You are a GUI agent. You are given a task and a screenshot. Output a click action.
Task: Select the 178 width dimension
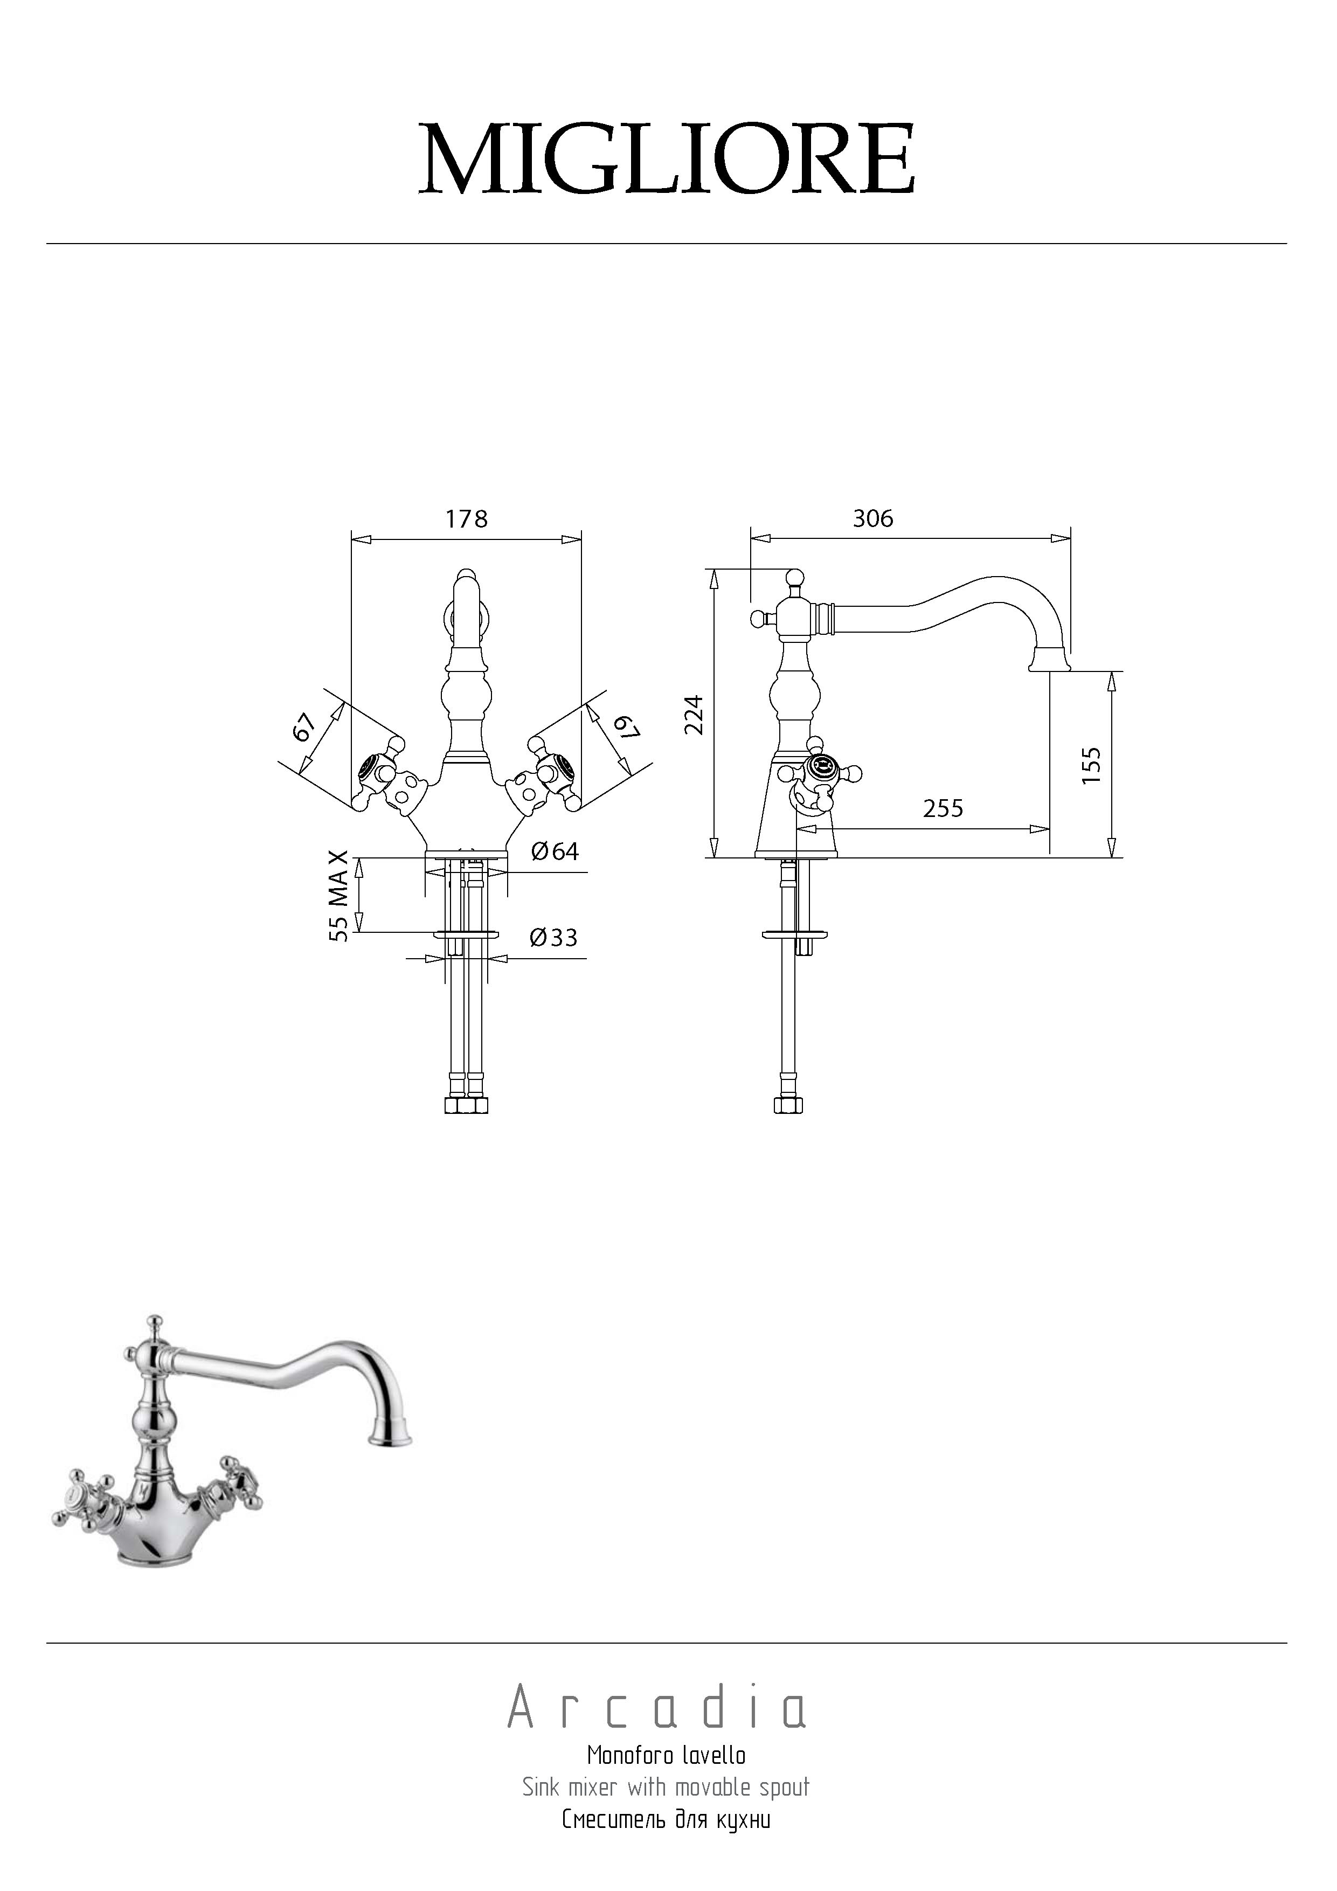pos(466,519)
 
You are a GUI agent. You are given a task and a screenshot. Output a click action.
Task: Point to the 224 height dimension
pos(696,714)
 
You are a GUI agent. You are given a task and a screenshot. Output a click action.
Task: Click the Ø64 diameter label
pos(555,851)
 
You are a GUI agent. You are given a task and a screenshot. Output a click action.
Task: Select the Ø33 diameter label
pos(553,937)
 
